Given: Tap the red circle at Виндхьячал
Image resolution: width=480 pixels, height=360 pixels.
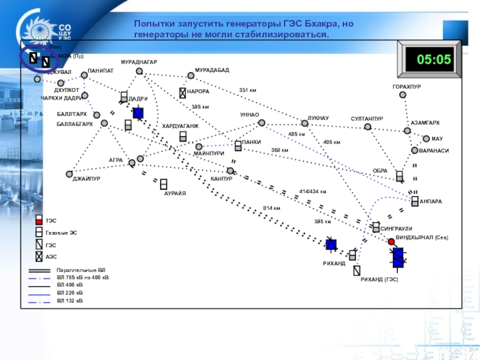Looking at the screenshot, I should (391, 242).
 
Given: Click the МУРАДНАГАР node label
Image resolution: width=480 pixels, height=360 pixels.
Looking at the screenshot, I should (139, 62).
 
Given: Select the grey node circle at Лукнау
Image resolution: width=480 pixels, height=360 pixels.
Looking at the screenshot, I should (305, 123).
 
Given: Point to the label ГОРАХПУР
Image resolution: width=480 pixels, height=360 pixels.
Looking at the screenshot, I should (407, 87).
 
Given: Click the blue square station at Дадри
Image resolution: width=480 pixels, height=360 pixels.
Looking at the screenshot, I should (138, 113).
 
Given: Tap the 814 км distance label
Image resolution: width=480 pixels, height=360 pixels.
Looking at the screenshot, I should (271, 208).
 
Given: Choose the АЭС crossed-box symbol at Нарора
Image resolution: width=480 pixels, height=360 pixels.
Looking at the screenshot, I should (182, 93).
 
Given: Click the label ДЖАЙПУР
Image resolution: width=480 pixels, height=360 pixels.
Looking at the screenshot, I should (86, 179).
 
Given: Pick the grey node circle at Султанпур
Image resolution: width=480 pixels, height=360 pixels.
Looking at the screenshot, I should (367, 127).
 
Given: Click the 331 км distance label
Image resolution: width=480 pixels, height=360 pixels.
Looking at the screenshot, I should (248, 90).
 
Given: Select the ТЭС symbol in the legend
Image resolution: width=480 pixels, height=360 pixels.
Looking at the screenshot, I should (39, 220).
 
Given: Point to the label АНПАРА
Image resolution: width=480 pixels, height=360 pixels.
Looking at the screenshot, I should (431, 201).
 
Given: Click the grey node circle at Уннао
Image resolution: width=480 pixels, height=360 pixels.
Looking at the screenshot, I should (262, 123).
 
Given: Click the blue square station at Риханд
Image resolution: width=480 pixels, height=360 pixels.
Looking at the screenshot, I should (331, 244).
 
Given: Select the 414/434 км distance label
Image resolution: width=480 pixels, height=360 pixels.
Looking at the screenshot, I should (312, 192).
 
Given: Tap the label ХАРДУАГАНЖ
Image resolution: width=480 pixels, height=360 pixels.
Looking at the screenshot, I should (180, 126).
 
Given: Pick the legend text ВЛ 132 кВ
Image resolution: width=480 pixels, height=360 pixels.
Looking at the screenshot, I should (70, 300).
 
